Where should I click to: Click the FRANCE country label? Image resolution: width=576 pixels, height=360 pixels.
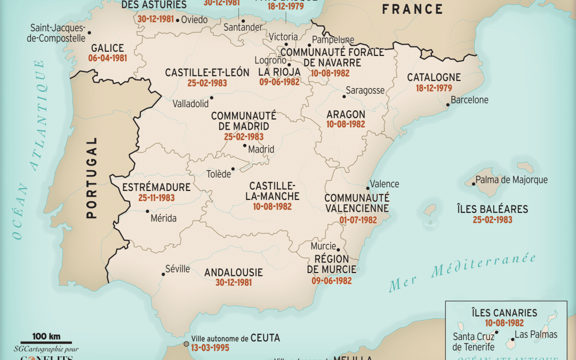coord(412,9)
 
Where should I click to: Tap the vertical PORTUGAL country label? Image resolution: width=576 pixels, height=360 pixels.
coord(92,178)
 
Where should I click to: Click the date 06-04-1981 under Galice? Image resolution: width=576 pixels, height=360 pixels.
coord(109,58)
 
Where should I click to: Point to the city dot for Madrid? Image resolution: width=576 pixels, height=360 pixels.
coord(245,145)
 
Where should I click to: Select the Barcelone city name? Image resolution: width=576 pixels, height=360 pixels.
coord(469,100)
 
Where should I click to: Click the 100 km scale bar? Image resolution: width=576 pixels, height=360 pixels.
coord(46,341)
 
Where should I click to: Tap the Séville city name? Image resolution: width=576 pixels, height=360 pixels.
coord(178,269)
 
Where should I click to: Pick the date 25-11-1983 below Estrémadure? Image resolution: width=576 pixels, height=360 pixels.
coord(156,198)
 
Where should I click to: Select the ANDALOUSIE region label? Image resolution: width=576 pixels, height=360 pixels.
coord(234,273)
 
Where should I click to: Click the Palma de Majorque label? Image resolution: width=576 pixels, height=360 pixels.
coord(511,180)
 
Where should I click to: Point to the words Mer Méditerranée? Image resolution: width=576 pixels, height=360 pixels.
coord(462,272)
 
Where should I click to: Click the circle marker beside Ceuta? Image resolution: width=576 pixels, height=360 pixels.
coord(186,344)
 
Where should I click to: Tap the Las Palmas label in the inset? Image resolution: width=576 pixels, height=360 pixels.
coord(536,334)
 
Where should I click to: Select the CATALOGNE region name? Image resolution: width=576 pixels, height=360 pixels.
coord(434,77)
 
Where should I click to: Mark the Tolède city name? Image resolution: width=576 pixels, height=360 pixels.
coord(219,174)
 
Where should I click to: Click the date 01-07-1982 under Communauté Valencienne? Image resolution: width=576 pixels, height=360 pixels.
coord(358,220)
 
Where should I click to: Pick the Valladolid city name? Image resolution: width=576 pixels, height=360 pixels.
coord(190,104)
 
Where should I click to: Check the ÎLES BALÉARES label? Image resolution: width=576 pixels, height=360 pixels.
coord(492,209)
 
